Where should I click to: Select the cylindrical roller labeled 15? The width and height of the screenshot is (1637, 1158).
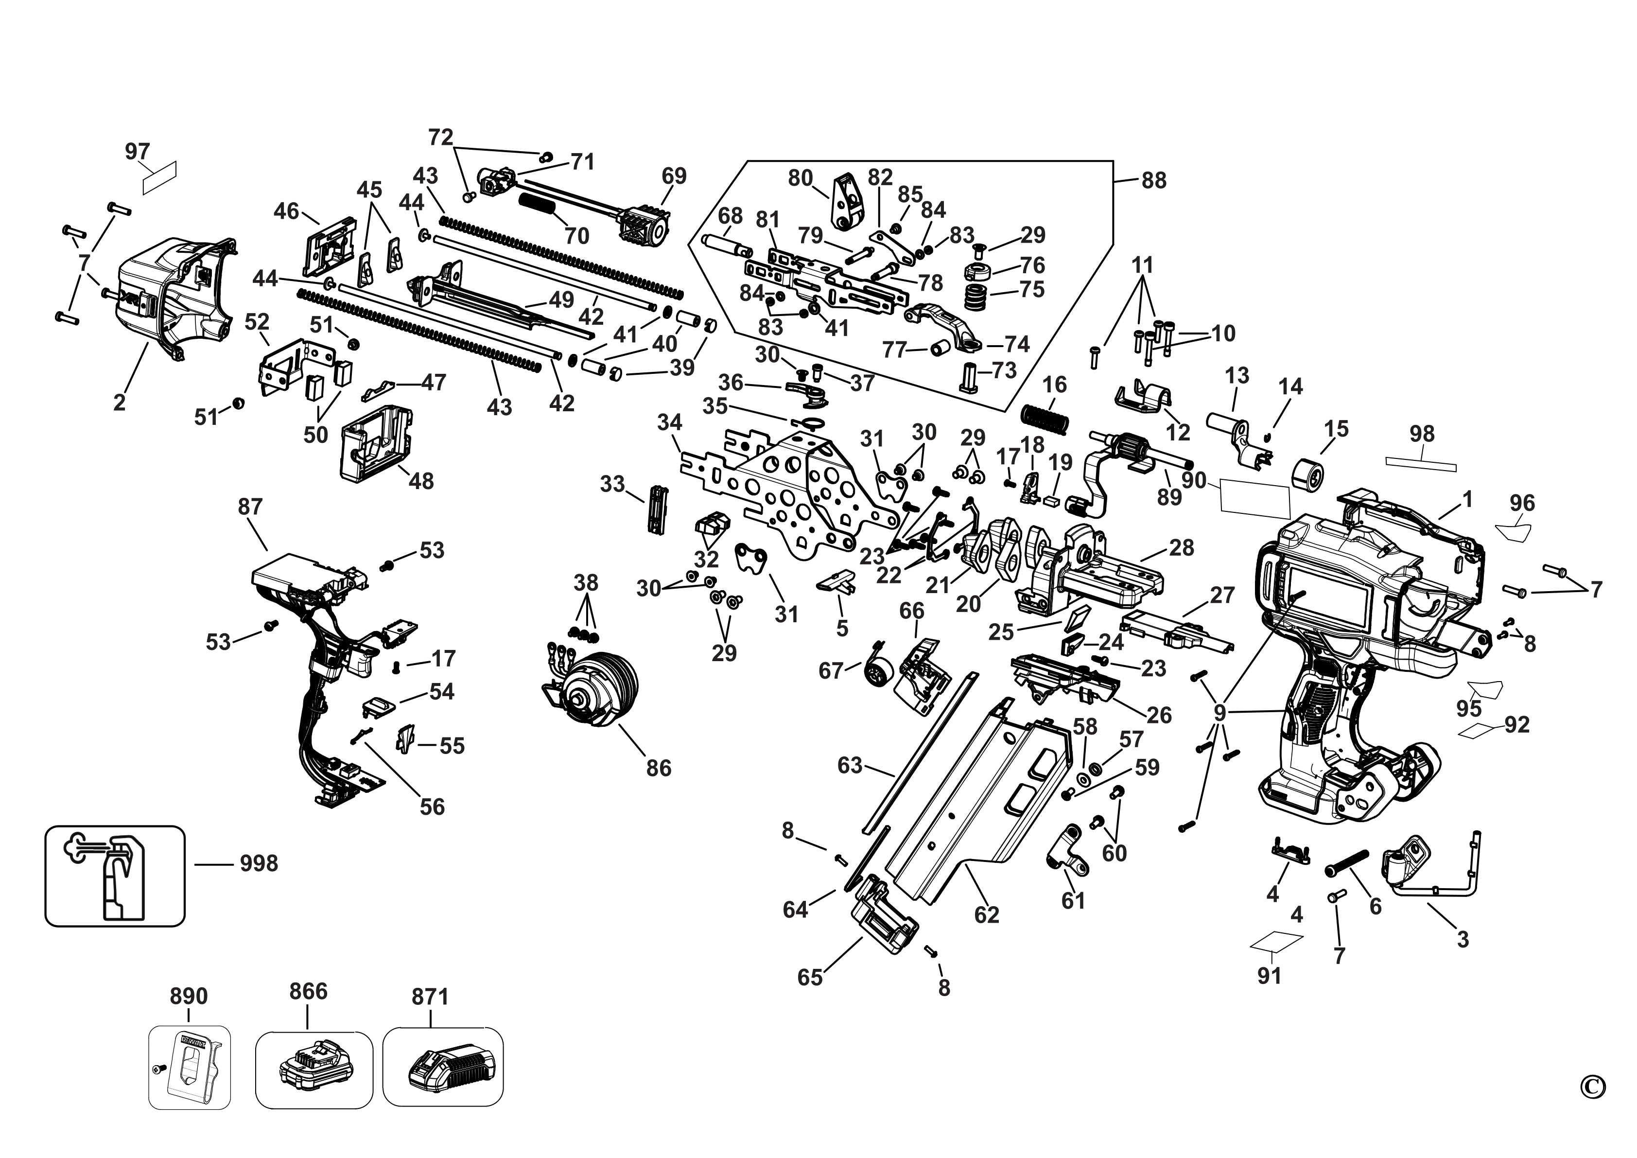tap(1307, 475)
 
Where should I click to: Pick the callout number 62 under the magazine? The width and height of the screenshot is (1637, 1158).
tap(987, 915)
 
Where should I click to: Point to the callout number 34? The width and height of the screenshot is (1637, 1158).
tap(669, 423)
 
